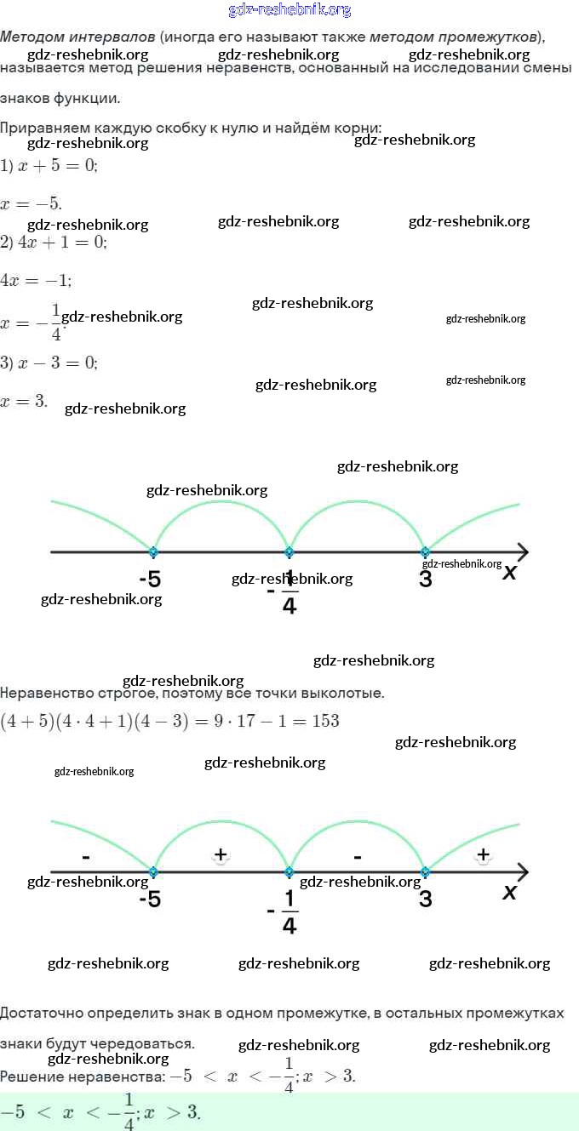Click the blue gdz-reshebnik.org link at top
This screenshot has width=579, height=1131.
tap(289, 10)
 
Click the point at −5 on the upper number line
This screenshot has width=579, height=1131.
tap(153, 552)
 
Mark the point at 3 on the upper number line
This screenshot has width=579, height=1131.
tap(425, 552)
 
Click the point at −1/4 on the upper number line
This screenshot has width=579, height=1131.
tap(289, 552)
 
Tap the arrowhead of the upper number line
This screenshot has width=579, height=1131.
tap(521, 552)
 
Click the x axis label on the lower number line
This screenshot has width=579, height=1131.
tap(510, 892)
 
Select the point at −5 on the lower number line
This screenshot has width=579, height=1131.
tap(153, 872)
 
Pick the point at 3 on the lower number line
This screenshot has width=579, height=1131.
tap(425, 872)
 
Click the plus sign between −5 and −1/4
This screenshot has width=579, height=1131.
tap(221, 854)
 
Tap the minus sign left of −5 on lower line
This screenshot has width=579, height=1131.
tap(85, 855)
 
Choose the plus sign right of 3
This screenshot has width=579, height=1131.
tap(483, 854)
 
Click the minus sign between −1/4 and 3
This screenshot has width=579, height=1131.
tap(358, 855)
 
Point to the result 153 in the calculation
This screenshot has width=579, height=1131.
tap(325, 722)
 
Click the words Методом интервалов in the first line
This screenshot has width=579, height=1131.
tap(77, 37)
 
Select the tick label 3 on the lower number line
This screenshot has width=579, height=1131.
tap(426, 899)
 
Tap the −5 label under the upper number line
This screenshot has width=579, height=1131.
tap(150, 580)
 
